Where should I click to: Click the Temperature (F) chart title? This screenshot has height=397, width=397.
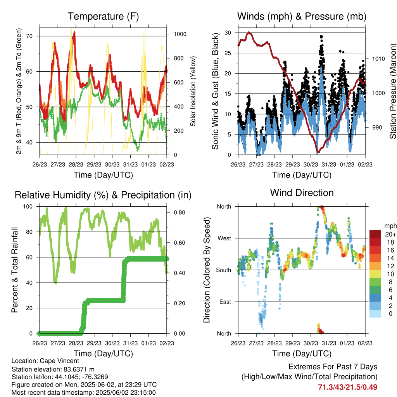[x=103, y=16]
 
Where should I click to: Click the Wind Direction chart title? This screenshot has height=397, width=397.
[x=302, y=193]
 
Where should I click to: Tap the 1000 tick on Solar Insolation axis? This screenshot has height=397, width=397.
[x=180, y=34]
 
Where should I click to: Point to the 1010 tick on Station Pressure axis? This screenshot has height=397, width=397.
[x=378, y=59]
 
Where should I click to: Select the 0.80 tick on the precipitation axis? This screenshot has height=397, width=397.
[x=180, y=212]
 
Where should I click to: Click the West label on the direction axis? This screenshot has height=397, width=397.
[x=224, y=238]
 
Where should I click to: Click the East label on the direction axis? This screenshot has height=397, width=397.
[x=225, y=302]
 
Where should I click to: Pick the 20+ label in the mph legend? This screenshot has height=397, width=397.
[x=391, y=234]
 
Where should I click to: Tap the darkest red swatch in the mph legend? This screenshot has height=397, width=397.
[x=375, y=234]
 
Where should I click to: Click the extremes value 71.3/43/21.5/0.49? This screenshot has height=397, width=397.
[x=348, y=387]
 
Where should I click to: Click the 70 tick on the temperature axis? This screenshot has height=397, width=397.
[x=29, y=36]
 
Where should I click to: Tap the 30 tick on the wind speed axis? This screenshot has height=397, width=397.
[x=228, y=33]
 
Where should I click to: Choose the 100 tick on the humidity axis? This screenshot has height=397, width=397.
[x=28, y=206]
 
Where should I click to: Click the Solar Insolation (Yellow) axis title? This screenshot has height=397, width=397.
[x=193, y=91]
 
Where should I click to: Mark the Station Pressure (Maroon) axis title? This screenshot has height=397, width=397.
[x=393, y=91]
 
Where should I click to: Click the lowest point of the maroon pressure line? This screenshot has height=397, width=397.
[x=318, y=152]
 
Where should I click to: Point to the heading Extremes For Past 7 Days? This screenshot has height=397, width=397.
[x=333, y=367]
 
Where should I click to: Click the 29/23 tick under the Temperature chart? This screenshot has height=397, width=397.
[x=94, y=164]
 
